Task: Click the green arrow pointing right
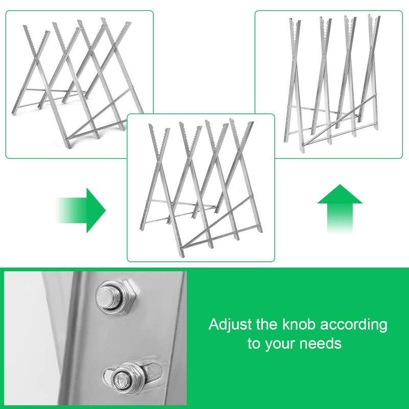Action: tap(84, 210)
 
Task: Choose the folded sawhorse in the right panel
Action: tap(332, 82)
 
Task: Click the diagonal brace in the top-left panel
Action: tap(100, 115)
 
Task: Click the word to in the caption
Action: tap(254, 344)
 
